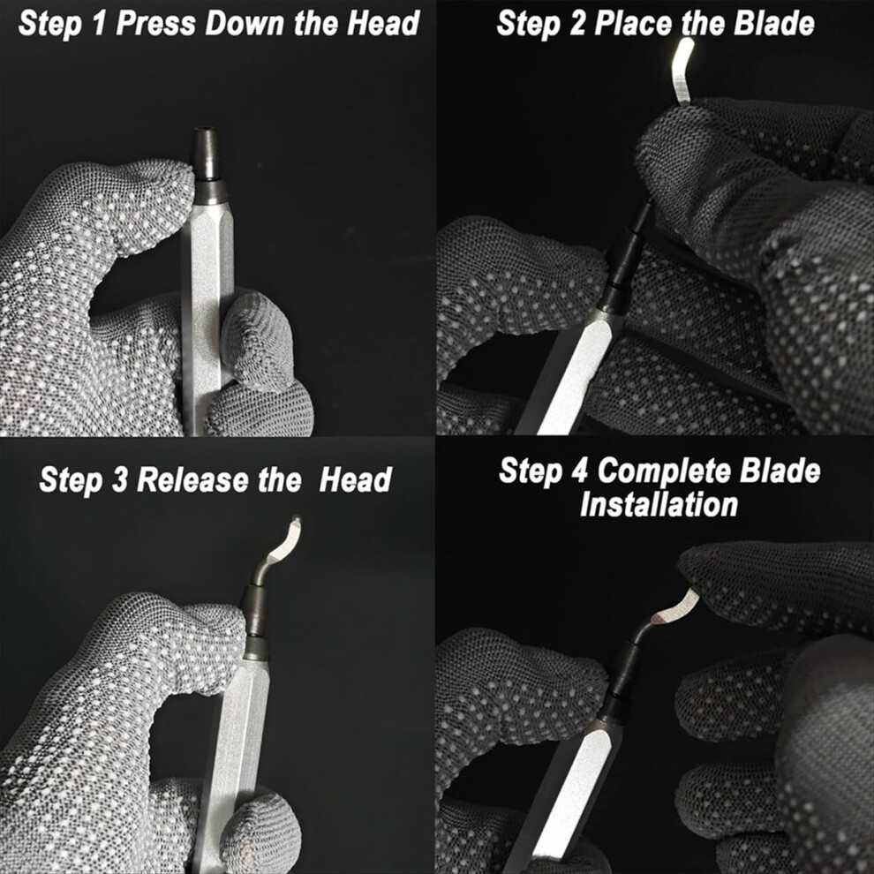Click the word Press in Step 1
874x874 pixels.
[155, 24]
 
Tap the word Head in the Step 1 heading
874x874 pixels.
[383, 23]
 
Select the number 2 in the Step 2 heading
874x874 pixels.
[576, 24]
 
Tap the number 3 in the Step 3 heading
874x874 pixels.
[120, 480]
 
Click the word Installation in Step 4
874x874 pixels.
[659, 504]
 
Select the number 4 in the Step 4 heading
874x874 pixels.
[580, 471]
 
